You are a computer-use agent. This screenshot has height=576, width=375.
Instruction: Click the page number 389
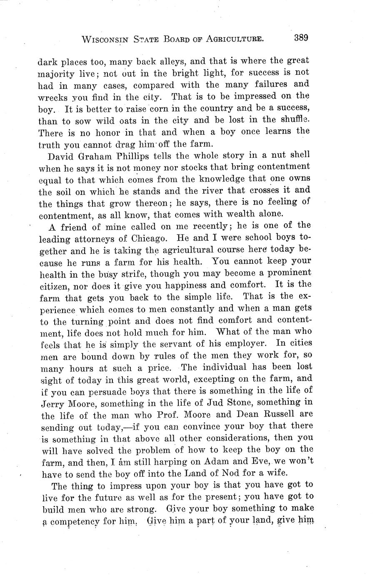[300, 38]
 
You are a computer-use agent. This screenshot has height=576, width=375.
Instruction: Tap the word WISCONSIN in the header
[106, 40]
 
